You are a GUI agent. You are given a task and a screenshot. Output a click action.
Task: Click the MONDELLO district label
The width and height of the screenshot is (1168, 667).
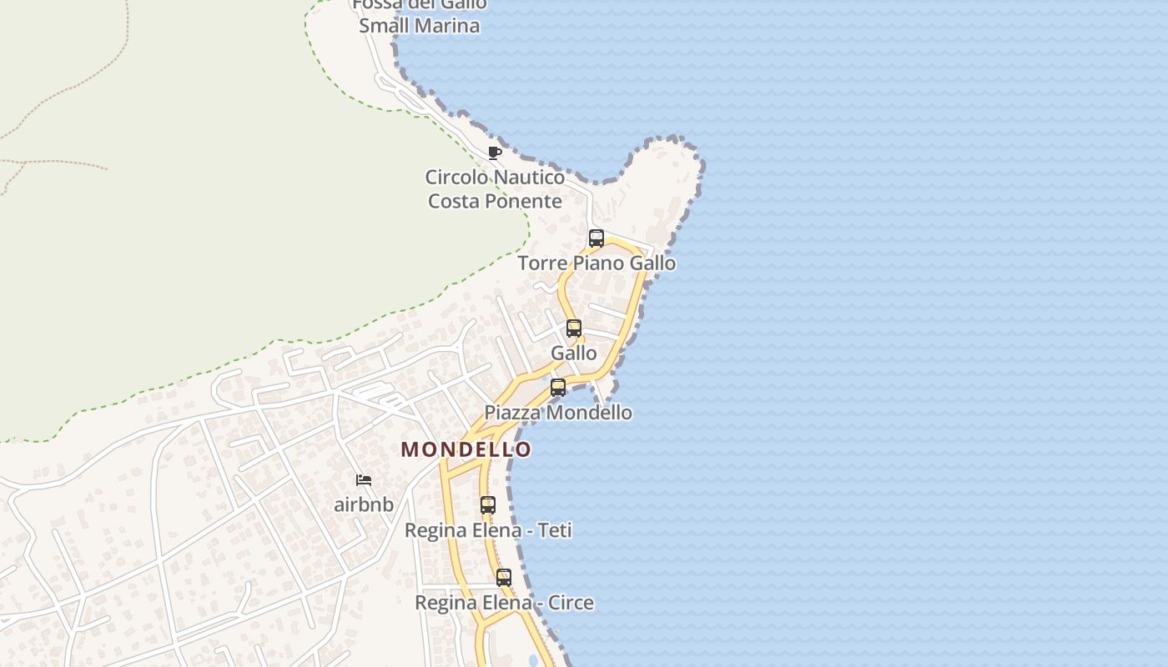point(466,449)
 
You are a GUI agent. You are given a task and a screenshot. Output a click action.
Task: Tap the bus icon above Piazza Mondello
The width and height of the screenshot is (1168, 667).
point(558,388)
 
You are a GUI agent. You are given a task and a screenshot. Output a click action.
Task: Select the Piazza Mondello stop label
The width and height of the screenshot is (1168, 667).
point(558,413)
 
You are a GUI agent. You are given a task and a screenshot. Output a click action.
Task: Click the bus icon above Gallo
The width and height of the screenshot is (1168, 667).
point(574,328)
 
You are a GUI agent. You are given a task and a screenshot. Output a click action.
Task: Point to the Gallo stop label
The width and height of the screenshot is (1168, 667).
point(574,353)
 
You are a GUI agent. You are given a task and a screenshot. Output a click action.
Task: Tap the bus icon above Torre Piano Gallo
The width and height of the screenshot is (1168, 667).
point(597,238)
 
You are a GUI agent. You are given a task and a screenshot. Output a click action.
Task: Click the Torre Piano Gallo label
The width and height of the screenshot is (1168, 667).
point(597,263)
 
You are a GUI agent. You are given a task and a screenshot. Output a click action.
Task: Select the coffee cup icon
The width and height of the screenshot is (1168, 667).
point(495,153)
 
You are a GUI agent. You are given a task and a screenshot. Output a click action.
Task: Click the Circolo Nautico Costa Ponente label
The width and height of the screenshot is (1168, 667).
point(495,189)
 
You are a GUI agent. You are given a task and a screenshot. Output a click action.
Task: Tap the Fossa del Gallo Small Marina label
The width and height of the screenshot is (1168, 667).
point(420,15)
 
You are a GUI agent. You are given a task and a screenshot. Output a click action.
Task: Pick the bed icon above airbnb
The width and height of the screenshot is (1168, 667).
point(364,480)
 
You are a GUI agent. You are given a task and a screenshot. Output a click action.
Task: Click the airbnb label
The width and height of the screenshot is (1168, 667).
point(364,504)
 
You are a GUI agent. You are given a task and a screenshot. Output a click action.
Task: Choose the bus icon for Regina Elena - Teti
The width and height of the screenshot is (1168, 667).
point(488,505)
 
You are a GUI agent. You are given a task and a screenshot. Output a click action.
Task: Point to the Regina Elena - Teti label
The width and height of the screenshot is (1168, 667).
point(488,530)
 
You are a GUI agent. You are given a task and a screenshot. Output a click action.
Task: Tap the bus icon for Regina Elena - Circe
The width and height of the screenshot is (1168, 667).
point(504,578)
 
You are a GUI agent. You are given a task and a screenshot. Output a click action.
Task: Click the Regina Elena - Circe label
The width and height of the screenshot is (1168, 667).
point(504,603)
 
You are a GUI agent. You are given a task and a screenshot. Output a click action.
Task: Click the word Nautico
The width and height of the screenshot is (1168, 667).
point(530,178)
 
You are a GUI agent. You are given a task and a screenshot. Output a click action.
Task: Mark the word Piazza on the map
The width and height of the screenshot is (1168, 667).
point(511,413)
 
